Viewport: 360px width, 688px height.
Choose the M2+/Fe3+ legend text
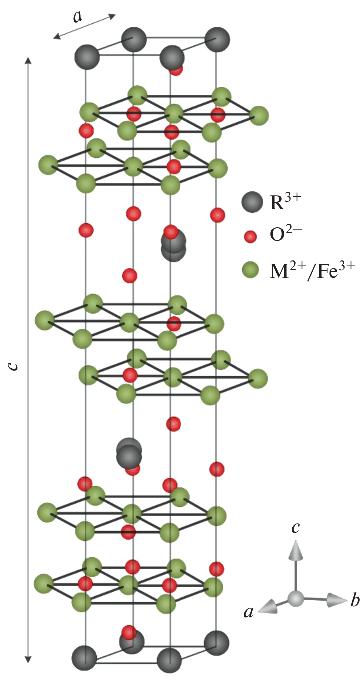coord(310,270)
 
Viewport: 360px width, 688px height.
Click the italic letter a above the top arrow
coord(77,16)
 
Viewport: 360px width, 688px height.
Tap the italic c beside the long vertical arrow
coord(14,366)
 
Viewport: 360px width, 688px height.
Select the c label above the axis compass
coord(296,527)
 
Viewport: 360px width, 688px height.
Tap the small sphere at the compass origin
coord(296,597)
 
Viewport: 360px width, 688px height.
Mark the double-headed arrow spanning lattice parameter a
coord(85,26)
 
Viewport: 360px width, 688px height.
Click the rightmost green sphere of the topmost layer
coord(259,116)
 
